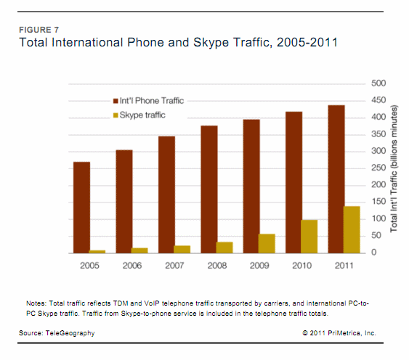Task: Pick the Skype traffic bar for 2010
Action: (309, 236)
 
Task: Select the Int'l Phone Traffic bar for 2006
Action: (123, 201)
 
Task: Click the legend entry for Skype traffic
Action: (139, 115)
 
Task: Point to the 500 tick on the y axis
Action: (377, 83)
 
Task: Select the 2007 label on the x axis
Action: (174, 265)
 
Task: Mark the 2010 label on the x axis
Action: (301, 265)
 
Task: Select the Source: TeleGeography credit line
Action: (57, 332)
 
